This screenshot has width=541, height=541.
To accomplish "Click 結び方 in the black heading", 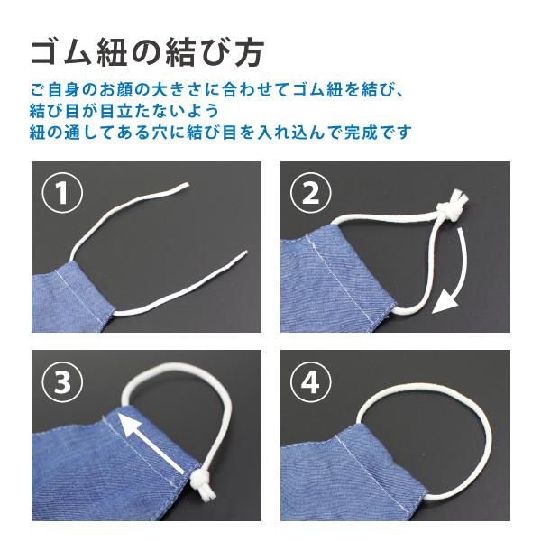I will pyautogui.click(x=222, y=51).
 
